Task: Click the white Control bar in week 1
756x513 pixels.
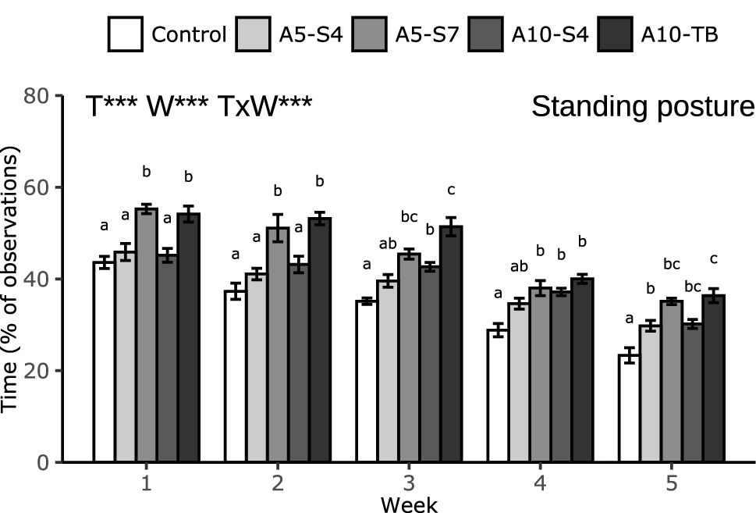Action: pyautogui.click(x=104, y=362)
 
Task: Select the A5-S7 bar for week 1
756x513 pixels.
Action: pyautogui.click(x=146, y=336)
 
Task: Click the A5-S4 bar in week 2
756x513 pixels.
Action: pyautogui.click(x=257, y=368)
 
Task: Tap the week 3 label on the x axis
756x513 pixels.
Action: pyautogui.click(x=409, y=483)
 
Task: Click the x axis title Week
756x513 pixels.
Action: pyautogui.click(x=409, y=504)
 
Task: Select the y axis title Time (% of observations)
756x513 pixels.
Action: pyautogui.click(x=12, y=279)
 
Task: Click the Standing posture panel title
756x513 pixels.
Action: pyautogui.click(x=643, y=107)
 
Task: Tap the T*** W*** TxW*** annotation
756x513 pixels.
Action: pyautogui.click(x=199, y=107)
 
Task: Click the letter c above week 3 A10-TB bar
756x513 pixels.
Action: pyautogui.click(x=451, y=190)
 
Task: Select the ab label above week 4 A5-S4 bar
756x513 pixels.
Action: pyautogui.click(x=518, y=265)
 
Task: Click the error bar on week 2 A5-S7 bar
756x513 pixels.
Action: pyautogui.click(x=278, y=227)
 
